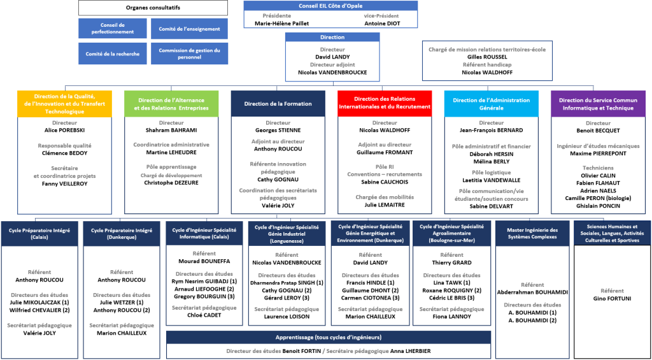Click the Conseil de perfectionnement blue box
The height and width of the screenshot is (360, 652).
[112, 29]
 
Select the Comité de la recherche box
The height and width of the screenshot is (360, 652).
[112, 54]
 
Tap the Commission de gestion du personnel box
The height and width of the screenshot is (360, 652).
[189, 54]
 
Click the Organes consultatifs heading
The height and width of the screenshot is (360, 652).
[153, 8]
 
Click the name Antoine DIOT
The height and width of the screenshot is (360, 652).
[382, 23]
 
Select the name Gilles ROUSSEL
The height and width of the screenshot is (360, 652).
[487, 57]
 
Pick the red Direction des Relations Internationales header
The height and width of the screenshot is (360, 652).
[384, 103]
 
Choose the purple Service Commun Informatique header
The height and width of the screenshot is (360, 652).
[598, 103]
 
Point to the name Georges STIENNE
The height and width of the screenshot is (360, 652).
[278, 130]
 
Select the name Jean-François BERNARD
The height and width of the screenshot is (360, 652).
[491, 130]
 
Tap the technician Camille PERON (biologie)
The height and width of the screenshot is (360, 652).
[598, 198]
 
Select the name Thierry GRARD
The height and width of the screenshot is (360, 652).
[451, 263]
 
